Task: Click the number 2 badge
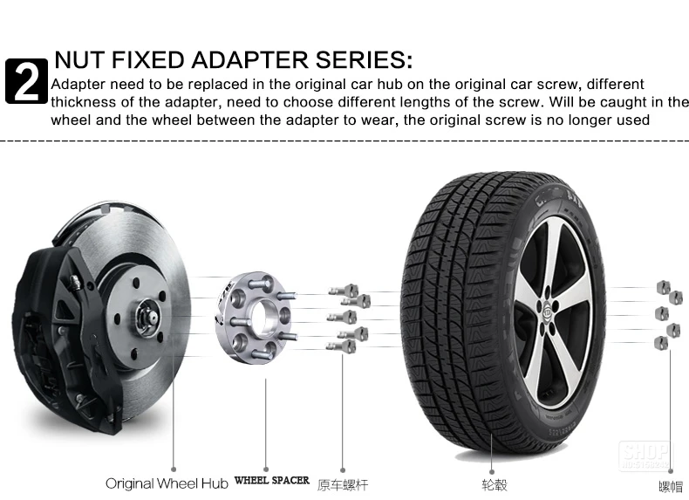(26, 81)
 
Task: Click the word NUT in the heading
(80, 60)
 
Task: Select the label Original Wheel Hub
(167, 483)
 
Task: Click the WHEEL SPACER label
(271, 481)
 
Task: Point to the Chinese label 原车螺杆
(341, 483)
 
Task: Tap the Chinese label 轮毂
(494, 483)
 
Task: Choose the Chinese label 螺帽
(670, 485)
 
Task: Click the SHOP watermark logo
(645, 455)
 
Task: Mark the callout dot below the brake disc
(174, 469)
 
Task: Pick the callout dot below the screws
(341, 469)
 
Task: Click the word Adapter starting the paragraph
(76, 85)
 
